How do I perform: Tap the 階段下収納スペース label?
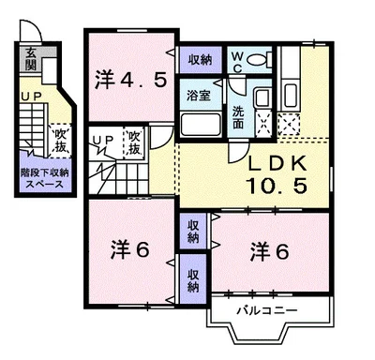click(43, 178)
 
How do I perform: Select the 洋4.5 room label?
click(130, 79)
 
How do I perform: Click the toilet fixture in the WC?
click(260, 61)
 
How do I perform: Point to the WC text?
click(235, 61)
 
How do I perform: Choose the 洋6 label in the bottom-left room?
click(130, 250)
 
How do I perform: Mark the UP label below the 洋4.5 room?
click(101, 141)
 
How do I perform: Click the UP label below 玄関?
click(30, 97)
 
